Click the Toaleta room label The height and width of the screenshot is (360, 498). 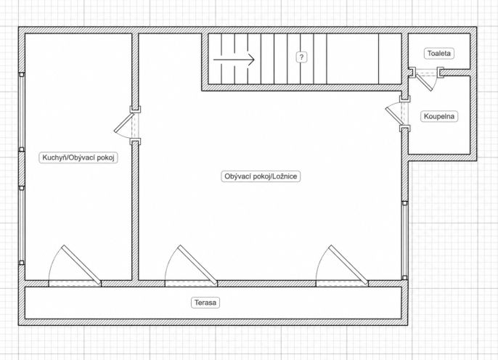pyautogui.click(x=439, y=53)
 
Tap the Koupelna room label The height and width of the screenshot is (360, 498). pyautogui.click(x=439, y=116)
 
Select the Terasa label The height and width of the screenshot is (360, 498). pyautogui.click(x=205, y=303)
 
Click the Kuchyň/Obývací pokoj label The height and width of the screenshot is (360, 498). pyautogui.click(x=78, y=157)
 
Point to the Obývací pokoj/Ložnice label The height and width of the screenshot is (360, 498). pyautogui.click(x=261, y=176)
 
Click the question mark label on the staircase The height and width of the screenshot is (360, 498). pyautogui.click(x=301, y=57)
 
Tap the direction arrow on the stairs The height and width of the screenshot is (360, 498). pyautogui.click(x=234, y=60)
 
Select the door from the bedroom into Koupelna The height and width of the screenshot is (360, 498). pyautogui.click(x=397, y=114)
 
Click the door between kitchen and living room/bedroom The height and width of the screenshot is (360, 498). pyautogui.click(x=126, y=126)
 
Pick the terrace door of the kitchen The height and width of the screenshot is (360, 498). pyautogui.click(x=75, y=266)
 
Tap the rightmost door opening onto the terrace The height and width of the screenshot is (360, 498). pyautogui.click(x=343, y=266)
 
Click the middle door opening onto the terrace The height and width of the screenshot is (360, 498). pyautogui.click(x=191, y=266)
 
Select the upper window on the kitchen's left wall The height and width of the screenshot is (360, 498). pyautogui.click(x=22, y=112)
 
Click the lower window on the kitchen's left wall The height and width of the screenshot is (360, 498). pyautogui.click(x=22, y=226)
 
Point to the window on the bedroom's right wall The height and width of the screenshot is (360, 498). pyautogui.click(x=404, y=240)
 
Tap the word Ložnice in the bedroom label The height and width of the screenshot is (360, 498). pyautogui.click(x=285, y=176)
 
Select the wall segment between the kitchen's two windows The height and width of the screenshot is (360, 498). pyautogui.click(x=22, y=169)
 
